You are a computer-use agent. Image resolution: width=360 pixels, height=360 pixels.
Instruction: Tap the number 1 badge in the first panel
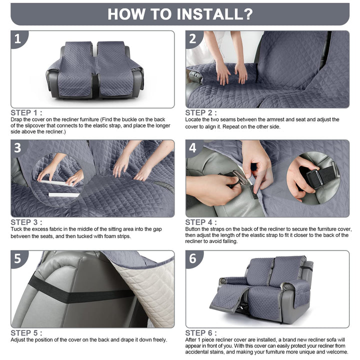18,38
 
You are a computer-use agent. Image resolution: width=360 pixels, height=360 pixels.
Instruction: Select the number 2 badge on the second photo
193,38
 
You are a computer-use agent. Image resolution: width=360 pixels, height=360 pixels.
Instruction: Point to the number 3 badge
18,148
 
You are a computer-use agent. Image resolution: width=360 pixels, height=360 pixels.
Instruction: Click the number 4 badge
193,148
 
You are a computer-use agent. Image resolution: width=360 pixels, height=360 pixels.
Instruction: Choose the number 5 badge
18,258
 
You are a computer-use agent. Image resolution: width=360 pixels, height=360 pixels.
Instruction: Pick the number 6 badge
193,258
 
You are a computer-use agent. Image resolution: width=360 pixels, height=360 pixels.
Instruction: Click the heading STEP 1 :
26,112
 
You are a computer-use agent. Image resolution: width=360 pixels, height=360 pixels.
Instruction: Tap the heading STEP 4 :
201,222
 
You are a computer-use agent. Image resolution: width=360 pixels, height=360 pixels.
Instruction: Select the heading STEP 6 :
201,333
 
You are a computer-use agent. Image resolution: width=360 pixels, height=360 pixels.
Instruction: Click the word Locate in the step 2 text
193,119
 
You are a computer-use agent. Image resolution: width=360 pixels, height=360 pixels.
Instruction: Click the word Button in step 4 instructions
193,229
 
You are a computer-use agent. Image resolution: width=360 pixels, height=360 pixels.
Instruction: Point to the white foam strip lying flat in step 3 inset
64,194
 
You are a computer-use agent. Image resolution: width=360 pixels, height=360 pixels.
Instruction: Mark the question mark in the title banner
246,14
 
